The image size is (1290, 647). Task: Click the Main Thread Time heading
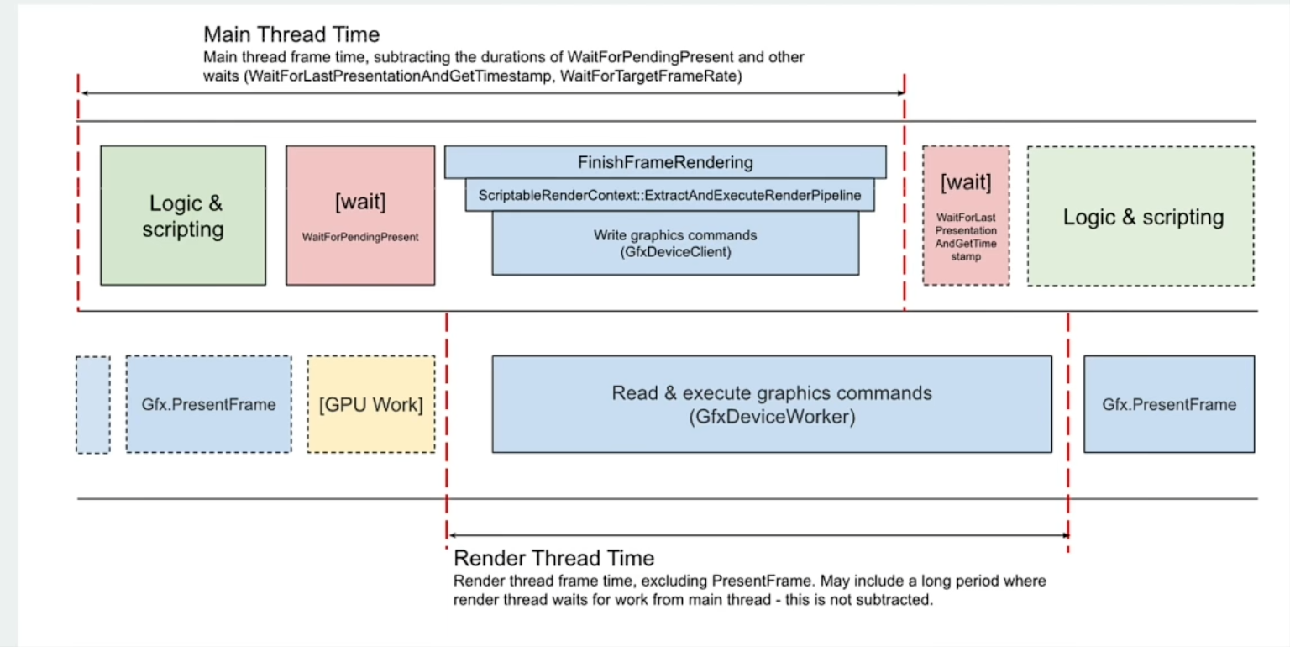pyautogui.click(x=291, y=34)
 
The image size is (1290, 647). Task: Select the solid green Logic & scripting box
pyautogui.click(x=183, y=215)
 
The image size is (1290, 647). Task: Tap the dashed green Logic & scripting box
pyautogui.click(x=1141, y=216)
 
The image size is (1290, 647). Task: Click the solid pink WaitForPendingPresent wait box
pyautogui.click(x=360, y=215)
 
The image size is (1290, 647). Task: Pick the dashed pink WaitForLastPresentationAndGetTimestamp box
pyautogui.click(x=966, y=215)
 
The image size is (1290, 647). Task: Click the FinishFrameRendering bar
pyautogui.click(x=665, y=162)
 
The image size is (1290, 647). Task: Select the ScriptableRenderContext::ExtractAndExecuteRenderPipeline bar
pyautogui.click(x=669, y=195)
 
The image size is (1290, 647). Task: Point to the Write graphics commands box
pyautogui.click(x=675, y=243)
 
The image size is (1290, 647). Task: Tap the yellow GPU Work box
pyautogui.click(x=371, y=404)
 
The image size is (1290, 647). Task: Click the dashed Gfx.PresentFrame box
pyautogui.click(x=208, y=404)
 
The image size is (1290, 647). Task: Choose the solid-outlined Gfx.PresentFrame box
pyautogui.click(x=1169, y=404)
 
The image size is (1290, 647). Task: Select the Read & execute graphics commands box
pyautogui.click(x=772, y=404)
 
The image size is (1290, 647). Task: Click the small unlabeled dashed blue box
pyautogui.click(x=92, y=404)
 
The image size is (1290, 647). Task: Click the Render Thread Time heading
pyautogui.click(x=554, y=558)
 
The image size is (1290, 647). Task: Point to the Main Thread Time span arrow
pyautogui.click(x=493, y=92)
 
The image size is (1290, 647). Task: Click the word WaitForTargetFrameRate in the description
pyautogui.click(x=648, y=76)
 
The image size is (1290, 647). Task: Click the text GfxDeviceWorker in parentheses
pyautogui.click(x=772, y=417)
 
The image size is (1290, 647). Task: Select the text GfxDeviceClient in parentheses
pyautogui.click(x=675, y=252)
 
